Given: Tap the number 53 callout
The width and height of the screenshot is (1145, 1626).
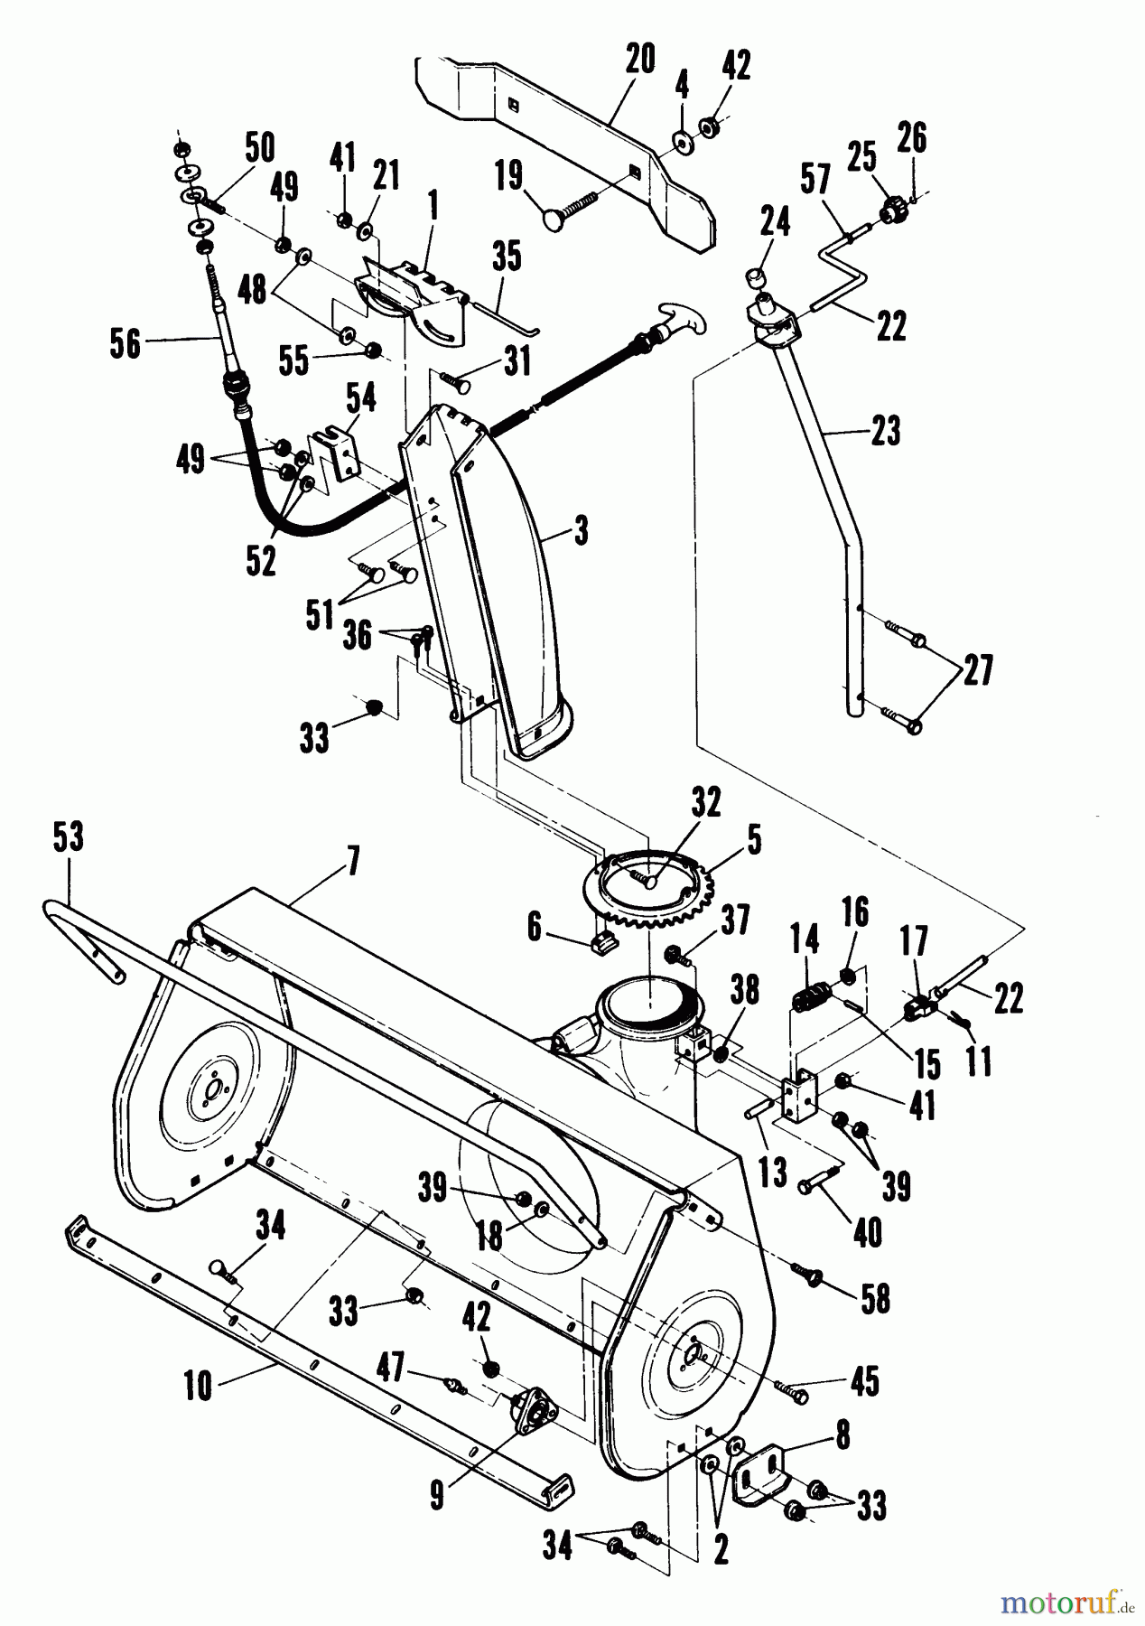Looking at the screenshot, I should [x=69, y=837].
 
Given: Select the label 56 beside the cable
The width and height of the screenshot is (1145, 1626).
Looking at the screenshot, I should [x=125, y=342].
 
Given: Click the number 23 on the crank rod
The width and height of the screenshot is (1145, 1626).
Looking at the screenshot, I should [x=886, y=431].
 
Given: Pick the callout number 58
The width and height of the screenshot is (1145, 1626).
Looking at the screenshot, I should [x=875, y=1299].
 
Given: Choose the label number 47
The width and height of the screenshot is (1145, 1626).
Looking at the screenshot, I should [x=391, y=1369].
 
